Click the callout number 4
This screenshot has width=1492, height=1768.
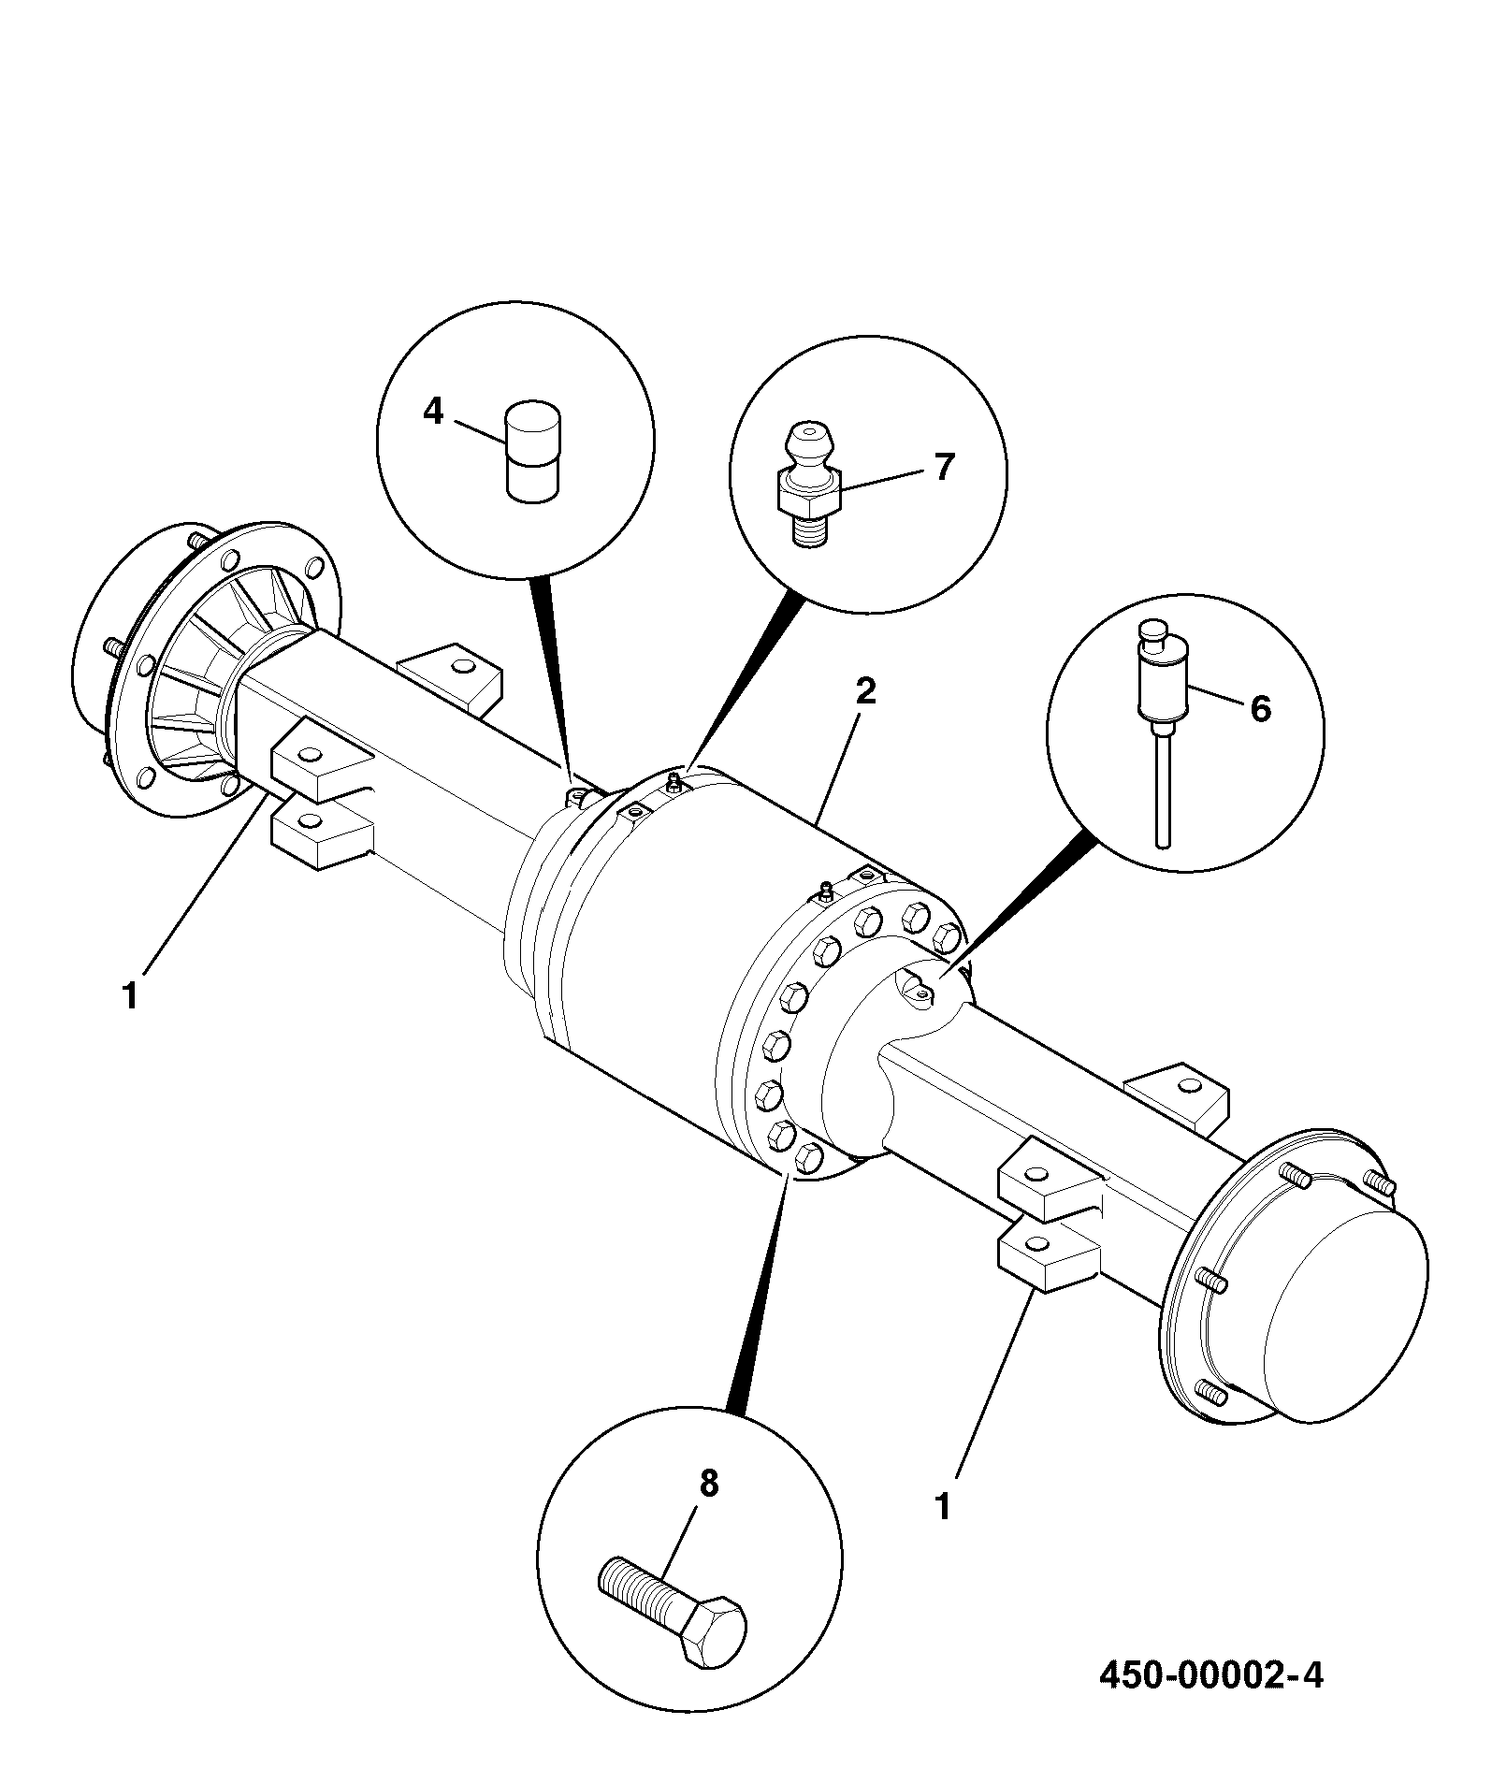[x=432, y=411]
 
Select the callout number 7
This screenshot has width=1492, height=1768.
[x=944, y=467]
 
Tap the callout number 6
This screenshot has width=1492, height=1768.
[x=1261, y=709]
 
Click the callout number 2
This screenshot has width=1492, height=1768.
[x=865, y=691]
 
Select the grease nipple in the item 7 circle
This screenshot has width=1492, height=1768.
[x=807, y=485]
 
